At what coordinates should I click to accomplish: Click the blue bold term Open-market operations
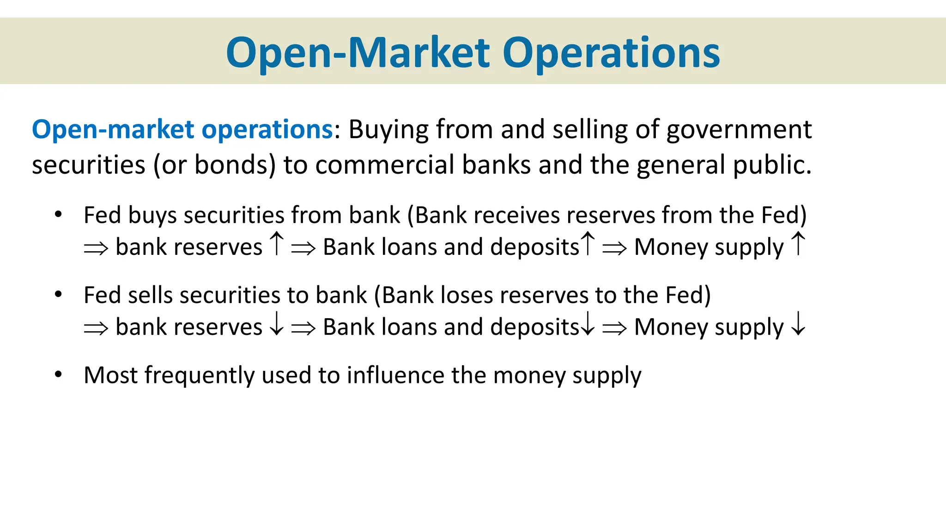[x=182, y=129]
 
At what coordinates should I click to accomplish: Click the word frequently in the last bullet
[x=199, y=375]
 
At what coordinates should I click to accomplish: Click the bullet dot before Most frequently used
[x=58, y=374]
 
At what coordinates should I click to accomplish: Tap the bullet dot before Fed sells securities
[x=58, y=294]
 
